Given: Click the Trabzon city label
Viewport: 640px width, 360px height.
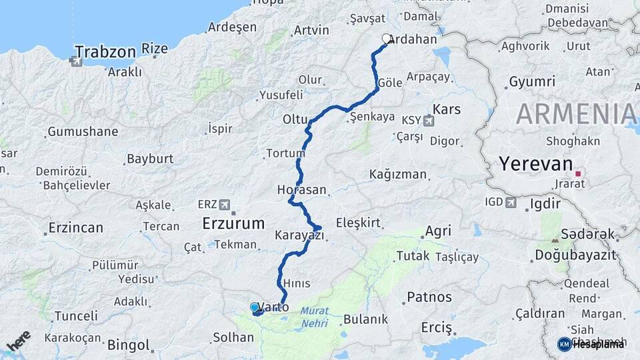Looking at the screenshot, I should [106, 51].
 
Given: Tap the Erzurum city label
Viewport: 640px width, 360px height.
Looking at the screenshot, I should [233, 223].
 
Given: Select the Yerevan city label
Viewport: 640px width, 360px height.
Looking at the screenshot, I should [535, 163].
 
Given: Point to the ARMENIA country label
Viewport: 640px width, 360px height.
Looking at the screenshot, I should [577, 114].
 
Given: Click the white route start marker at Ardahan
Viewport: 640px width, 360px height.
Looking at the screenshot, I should [386, 39].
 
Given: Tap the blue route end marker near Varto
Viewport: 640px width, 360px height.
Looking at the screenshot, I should [255, 307].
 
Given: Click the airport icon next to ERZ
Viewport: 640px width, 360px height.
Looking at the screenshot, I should [224, 204].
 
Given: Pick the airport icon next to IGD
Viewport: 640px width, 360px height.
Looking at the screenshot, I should [511, 202].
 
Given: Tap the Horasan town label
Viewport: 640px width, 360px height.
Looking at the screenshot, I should [302, 190].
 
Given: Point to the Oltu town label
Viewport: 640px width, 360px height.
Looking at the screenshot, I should [295, 119].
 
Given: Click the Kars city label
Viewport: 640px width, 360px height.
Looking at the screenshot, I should [447, 109].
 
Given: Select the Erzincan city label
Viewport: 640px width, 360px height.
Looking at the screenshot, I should [75, 228].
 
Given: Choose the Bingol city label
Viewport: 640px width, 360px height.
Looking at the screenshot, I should [128, 345].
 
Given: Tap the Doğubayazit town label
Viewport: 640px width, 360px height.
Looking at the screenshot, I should [575, 255].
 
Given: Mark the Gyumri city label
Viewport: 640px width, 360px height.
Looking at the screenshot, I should [531, 82].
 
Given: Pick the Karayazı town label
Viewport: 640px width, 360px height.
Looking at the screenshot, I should [299, 235].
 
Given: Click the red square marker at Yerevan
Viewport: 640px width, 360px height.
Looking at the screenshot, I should [578, 173].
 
